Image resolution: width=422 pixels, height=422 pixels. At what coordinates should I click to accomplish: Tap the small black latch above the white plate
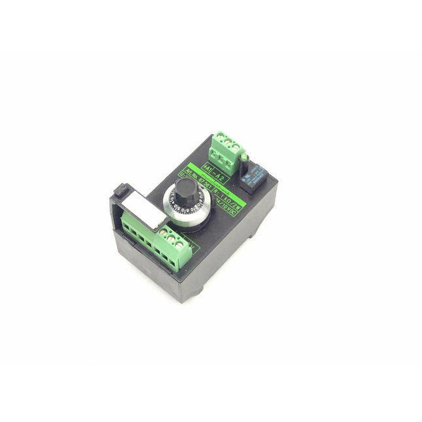pos(120,190)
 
